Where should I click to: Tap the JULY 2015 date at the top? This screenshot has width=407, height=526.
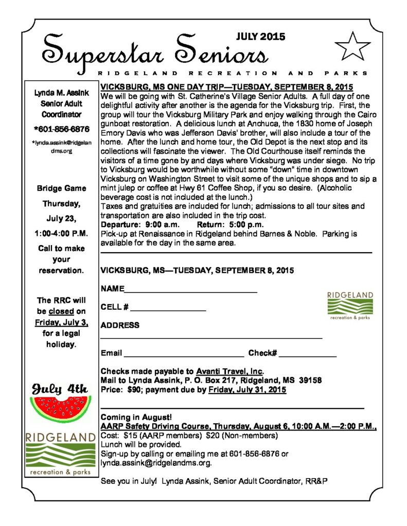click(260, 36)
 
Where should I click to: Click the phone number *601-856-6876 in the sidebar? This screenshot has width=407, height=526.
click(61, 129)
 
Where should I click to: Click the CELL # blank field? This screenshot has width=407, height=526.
click(168, 309)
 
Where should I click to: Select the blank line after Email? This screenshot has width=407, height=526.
click(184, 354)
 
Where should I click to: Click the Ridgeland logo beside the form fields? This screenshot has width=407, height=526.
click(350, 306)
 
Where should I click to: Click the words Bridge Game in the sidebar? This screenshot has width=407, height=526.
click(61, 189)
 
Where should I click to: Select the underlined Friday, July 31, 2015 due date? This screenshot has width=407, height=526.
click(247, 390)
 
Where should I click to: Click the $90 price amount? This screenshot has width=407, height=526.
click(136, 390)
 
